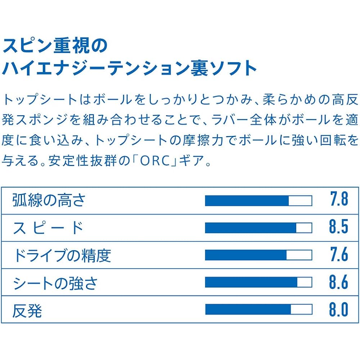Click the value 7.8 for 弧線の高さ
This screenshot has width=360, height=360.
[x=339, y=199]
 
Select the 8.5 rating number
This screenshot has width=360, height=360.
[x=339, y=226]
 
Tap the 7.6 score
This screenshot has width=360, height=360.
[x=339, y=254]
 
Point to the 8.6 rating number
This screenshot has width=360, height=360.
[x=339, y=282]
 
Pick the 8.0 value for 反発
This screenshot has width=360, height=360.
[x=339, y=309]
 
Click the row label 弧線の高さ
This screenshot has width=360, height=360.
[x=49, y=200]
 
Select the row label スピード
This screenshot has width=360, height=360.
[x=48, y=228]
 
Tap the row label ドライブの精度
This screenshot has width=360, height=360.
[x=62, y=255]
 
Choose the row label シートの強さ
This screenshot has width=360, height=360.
[x=55, y=283]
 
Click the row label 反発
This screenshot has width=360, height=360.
[x=27, y=311]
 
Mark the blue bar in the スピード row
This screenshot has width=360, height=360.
[x=251, y=228]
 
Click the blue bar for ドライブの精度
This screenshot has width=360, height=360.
[x=246, y=255]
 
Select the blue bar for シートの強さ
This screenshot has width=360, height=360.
[x=251, y=282]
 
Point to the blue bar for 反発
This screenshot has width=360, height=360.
[x=248, y=309]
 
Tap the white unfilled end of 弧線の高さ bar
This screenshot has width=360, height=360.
[x=300, y=201]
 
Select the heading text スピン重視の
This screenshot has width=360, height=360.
[x=55, y=46]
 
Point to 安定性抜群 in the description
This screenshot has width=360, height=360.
[x=82, y=161]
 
